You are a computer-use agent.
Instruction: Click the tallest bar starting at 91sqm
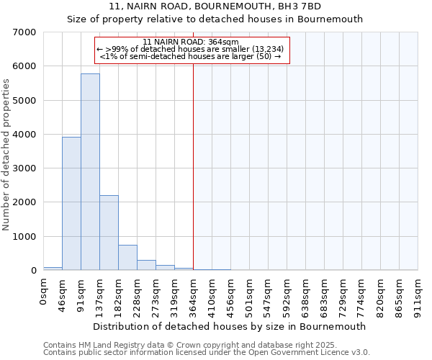pos(90,172)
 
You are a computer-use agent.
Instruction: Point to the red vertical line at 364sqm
pos(193,166)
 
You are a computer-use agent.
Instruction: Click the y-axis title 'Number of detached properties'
pos(6,156)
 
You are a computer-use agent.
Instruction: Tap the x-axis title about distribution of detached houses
pos(230,326)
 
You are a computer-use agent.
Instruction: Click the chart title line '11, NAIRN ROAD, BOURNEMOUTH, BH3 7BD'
pos(215,6)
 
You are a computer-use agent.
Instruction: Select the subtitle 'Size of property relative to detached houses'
pos(215,19)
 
